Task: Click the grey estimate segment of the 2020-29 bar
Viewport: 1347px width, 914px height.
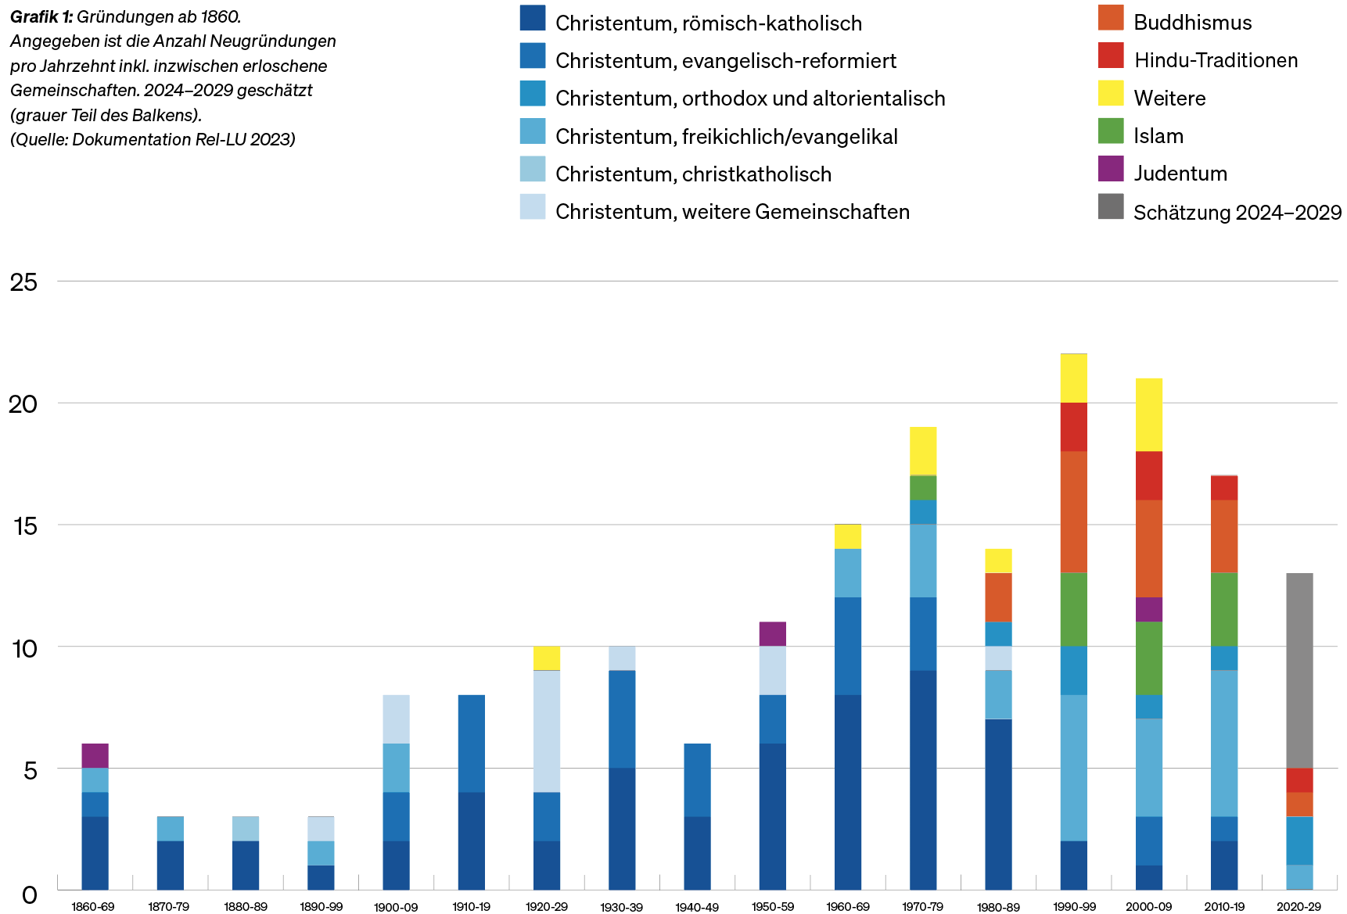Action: coord(1299,670)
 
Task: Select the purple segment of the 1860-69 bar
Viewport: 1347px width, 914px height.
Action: coord(95,755)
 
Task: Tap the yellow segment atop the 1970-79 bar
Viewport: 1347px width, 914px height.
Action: coord(923,450)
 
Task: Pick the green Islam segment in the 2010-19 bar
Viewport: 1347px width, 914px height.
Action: coord(1224,609)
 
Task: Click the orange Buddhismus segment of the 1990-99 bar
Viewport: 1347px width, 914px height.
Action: coord(1074,511)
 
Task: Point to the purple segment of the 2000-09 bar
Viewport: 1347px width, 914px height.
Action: coord(1148,609)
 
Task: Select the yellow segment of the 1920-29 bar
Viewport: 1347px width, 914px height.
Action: coord(546,658)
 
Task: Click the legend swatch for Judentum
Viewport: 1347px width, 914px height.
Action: coord(1111,169)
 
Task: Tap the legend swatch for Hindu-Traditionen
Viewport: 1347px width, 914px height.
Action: coord(1111,56)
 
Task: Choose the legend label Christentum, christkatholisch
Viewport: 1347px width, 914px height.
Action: coord(693,174)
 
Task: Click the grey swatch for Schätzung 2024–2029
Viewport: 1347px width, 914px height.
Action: coord(1111,206)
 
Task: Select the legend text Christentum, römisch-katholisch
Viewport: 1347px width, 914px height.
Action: coord(709,23)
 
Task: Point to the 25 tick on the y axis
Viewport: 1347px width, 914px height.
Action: coord(24,282)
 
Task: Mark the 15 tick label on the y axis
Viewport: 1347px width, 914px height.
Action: coord(24,526)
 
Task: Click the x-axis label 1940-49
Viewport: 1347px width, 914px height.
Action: coord(696,907)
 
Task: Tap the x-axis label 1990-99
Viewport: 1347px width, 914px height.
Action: coord(1074,907)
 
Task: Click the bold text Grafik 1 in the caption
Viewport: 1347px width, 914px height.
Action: coord(41,17)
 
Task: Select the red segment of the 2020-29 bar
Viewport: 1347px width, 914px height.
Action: coord(1299,780)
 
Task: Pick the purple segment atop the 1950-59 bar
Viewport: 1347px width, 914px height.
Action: coord(772,633)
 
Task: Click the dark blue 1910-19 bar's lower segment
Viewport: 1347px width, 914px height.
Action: coord(471,841)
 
